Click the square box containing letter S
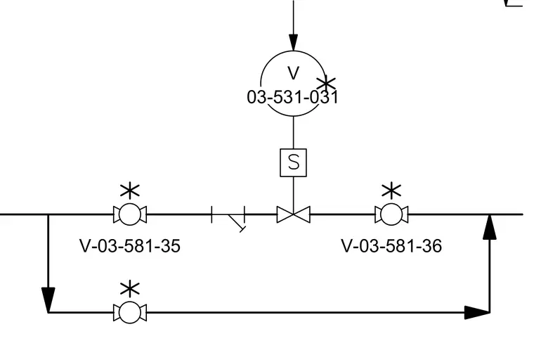[x=293, y=162]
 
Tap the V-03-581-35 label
[x=130, y=246]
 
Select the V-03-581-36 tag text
[x=391, y=246]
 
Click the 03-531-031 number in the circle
[x=292, y=97]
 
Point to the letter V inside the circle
[x=293, y=73]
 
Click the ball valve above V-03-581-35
[x=130, y=214]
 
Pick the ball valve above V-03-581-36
[x=391, y=214]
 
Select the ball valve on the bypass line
[x=130, y=312]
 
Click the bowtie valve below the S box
[x=293, y=214]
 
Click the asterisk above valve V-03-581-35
[x=130, y=191]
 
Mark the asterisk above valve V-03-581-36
[x=391, y=191]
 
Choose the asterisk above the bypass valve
[x=130, y=290]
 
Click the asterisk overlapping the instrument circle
[x=326, y=84]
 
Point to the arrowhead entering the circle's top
[x=293, y=42]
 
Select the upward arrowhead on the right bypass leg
[x=490, y=227]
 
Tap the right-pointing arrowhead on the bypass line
[x=477, y=312]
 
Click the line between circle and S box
[x=293, y=133]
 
